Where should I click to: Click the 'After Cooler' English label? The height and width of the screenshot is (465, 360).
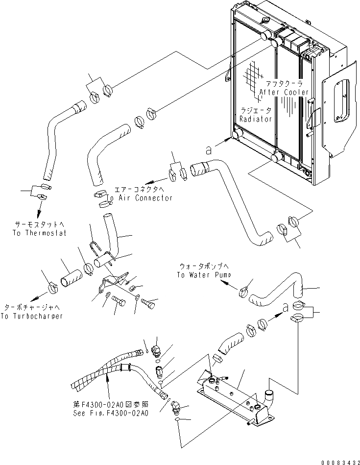click(284, 92)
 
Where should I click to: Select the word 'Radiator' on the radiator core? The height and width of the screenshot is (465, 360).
click(256, 119)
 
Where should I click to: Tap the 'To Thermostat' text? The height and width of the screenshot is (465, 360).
click(40, 233)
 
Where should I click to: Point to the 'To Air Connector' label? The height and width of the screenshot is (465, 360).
click(139, 198)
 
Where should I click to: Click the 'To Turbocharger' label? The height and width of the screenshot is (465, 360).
click(31, 316)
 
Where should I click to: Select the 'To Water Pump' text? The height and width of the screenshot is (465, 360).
click(204, 275)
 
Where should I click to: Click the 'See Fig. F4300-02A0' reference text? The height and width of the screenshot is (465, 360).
click(111, 413)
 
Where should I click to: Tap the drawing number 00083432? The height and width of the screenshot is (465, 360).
click(340, 463)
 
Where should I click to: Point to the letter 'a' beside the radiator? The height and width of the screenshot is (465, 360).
click(209, 150)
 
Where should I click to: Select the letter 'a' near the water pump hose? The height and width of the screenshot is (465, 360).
click(285, 308)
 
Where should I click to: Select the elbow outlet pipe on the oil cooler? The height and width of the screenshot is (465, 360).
click(269, 397)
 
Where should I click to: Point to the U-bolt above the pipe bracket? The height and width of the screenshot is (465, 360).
click(95, 249)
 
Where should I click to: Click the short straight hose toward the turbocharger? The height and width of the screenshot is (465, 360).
click(71, 278)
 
